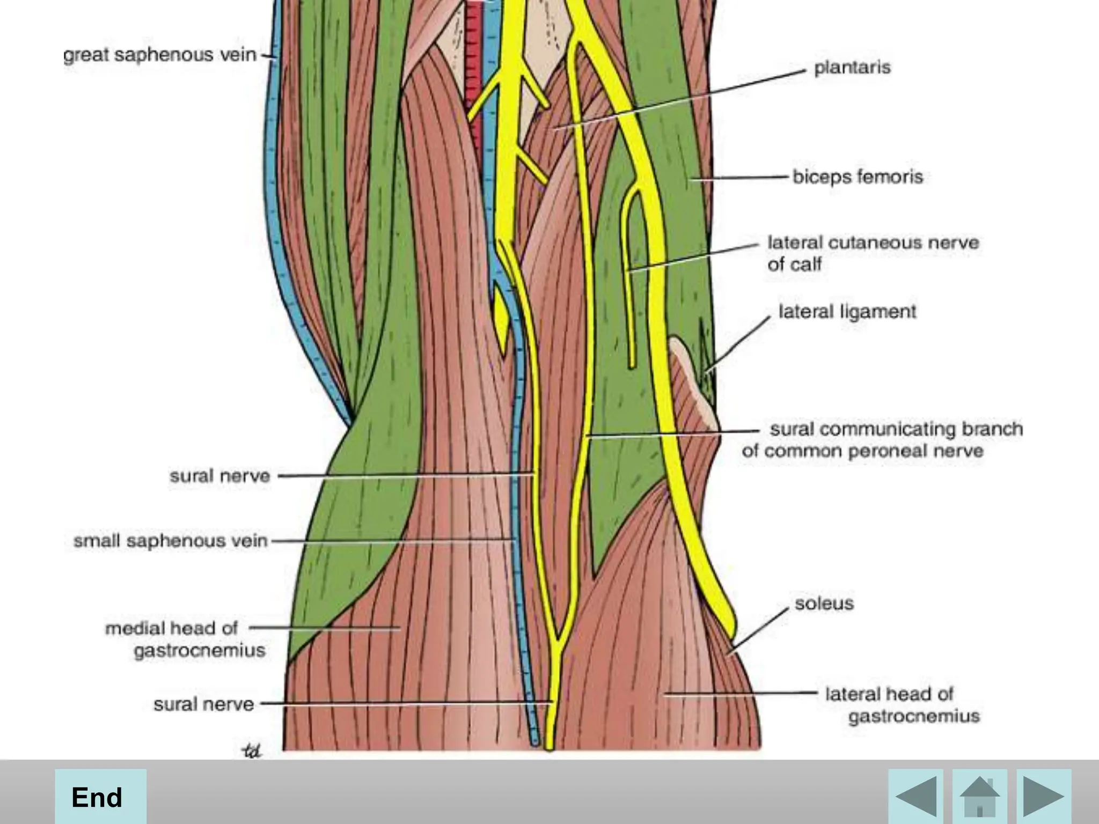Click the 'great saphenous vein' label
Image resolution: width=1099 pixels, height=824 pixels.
tap(159, 55)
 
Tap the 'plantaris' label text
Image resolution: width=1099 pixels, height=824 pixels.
tap(852, 68)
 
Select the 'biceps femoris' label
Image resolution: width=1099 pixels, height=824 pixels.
tap(858, 177)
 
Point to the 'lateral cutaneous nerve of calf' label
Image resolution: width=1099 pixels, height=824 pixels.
tap(873, 253)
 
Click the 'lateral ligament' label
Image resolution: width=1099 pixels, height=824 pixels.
tap(847, 312)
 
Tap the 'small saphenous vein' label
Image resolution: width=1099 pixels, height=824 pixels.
tap(170, 541)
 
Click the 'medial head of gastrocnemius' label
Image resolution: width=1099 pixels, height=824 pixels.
tap(185, 639)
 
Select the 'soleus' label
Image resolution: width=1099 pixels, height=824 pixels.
tap(824, 604)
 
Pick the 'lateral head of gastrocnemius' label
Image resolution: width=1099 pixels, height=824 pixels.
tap(902, 705)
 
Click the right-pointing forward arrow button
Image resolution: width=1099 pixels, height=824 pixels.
tap(1044, 796)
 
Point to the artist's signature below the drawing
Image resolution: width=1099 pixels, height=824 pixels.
tap(251, 752)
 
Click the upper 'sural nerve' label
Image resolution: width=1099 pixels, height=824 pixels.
tap(219, 476)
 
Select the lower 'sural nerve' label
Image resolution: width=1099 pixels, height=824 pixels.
tap(203, 704)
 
